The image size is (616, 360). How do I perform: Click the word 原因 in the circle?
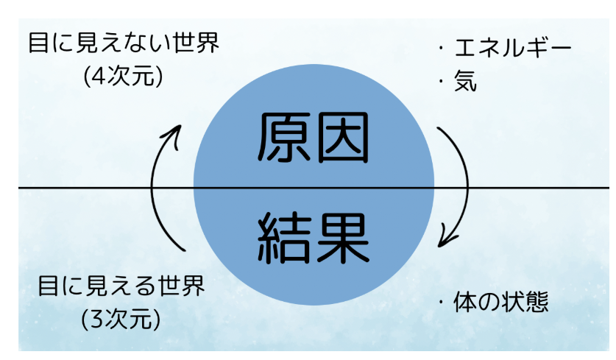313,138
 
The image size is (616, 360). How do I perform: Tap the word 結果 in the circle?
313,239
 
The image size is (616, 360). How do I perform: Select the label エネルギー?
513,48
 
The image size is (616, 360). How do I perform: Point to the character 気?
466,81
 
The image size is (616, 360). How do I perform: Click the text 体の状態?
501,302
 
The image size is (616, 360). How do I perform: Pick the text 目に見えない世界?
124,43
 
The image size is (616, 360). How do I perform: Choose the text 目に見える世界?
121,286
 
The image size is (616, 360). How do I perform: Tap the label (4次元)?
123,75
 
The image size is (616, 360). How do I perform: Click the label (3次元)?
121,318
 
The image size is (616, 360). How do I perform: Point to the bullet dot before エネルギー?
441,49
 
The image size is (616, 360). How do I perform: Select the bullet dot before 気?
441,81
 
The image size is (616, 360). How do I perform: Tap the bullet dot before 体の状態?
441,303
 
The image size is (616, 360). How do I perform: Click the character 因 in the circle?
342,138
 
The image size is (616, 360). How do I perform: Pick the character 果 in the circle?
343,239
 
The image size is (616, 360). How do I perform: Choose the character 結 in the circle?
283,239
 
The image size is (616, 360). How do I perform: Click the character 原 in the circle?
284,138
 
